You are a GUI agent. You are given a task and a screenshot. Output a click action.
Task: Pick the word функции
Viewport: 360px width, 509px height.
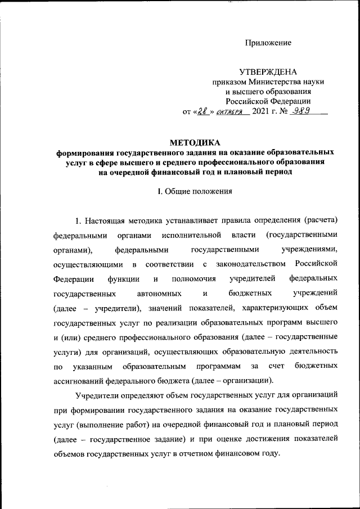point(117,278)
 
